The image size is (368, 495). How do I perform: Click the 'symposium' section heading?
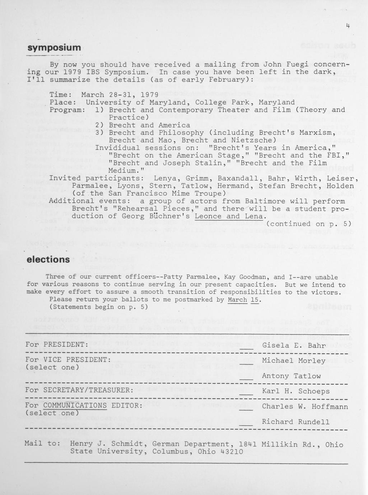coord(54,48)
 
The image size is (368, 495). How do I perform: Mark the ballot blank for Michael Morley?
coord(246,362)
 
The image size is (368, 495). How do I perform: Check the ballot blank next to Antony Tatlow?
coord(246,378)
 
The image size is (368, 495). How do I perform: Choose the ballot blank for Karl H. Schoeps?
coord(246,393)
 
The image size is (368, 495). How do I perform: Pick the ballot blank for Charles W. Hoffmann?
coord(246,408)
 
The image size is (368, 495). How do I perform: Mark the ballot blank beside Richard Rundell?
coord(246,424)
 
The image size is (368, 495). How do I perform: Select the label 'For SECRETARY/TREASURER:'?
coord(80,390)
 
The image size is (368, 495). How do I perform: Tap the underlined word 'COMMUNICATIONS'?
coord(75,406)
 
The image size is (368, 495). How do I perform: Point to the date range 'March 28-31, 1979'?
coord(120,95)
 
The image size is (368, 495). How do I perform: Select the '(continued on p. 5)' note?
coord(308,224)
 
